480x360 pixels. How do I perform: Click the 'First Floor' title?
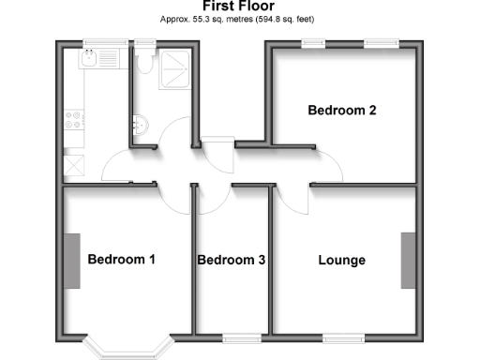pos(239,7)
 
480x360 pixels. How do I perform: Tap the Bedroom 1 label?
pos(121,260)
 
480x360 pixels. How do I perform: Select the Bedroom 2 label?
pos(342,111)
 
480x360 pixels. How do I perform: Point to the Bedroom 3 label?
pos(231,260)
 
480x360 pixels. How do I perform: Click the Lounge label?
pos(341,260)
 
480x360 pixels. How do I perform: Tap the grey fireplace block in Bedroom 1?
pos(71,260)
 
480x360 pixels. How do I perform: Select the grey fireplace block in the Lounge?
pos(408,260)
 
